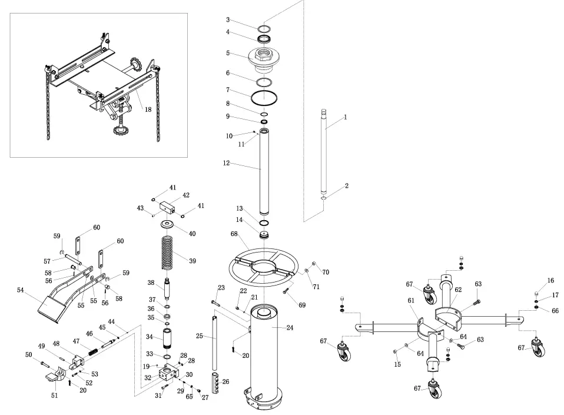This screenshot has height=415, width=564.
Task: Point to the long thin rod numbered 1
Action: (323, 153)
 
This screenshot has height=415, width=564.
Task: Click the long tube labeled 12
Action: (265, 171)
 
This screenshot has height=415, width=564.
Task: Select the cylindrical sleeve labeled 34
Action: (168, 338)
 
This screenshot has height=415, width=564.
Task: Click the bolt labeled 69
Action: (288, 290)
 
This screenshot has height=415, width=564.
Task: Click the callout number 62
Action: (459, 290)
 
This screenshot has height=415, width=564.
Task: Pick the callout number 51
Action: (54, 396)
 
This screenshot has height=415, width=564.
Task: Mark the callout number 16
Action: (550, 280)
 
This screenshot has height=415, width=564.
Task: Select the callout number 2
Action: (346, 185)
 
